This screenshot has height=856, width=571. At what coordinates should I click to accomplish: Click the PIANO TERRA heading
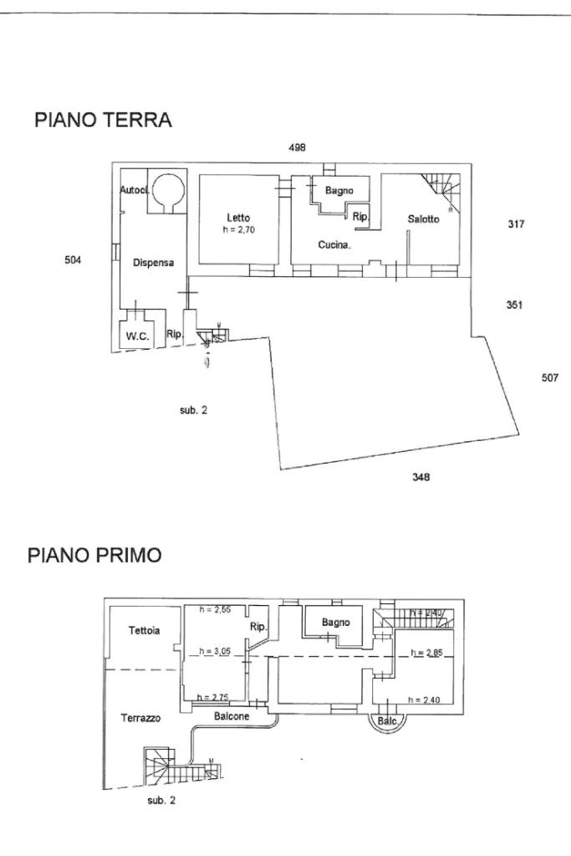[x=103, y=121]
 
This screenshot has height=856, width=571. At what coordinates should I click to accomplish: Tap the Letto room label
[x=238, y=218]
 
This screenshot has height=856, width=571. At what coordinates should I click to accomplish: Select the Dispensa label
[x=153, y=263]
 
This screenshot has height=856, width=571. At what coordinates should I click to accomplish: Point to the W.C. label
[x=137, y=337]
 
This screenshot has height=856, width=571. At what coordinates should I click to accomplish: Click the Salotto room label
[x=423, y=219]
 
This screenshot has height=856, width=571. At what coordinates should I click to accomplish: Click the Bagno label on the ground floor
[x=339, y=191]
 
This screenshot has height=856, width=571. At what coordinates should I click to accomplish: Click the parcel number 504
[x=73, y=260]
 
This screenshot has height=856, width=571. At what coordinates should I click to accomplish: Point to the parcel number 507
[x=549, y=377]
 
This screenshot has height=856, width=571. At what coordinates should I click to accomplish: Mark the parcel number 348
[x=421, y=478]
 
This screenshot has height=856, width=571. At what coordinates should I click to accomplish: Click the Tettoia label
[x=144, y=631]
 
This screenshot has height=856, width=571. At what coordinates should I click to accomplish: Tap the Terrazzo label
[x=140, y=718]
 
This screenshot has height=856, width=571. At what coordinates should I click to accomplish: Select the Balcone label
[x=230, y=716]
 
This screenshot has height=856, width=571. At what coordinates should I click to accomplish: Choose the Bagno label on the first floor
[x=335, y=622]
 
